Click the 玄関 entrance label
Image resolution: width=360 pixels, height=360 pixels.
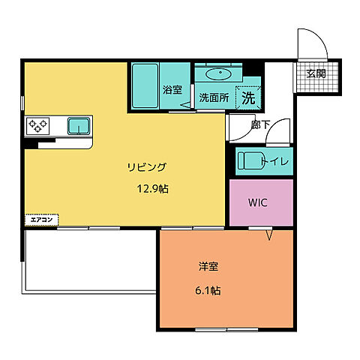point(316,73)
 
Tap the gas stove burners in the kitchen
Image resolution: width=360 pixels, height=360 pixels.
point(38,125)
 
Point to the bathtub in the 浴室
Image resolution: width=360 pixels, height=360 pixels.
point(144,85)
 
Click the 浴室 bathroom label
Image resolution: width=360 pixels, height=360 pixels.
point(172,90)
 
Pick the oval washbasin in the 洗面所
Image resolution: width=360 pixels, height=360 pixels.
point(218,74)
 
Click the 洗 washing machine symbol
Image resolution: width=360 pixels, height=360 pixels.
point(248,97)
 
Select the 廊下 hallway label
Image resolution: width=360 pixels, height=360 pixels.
point(261,124)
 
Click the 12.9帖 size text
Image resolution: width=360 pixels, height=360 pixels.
point(152,189)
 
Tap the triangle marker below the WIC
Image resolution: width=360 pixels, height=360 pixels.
point(271,235)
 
